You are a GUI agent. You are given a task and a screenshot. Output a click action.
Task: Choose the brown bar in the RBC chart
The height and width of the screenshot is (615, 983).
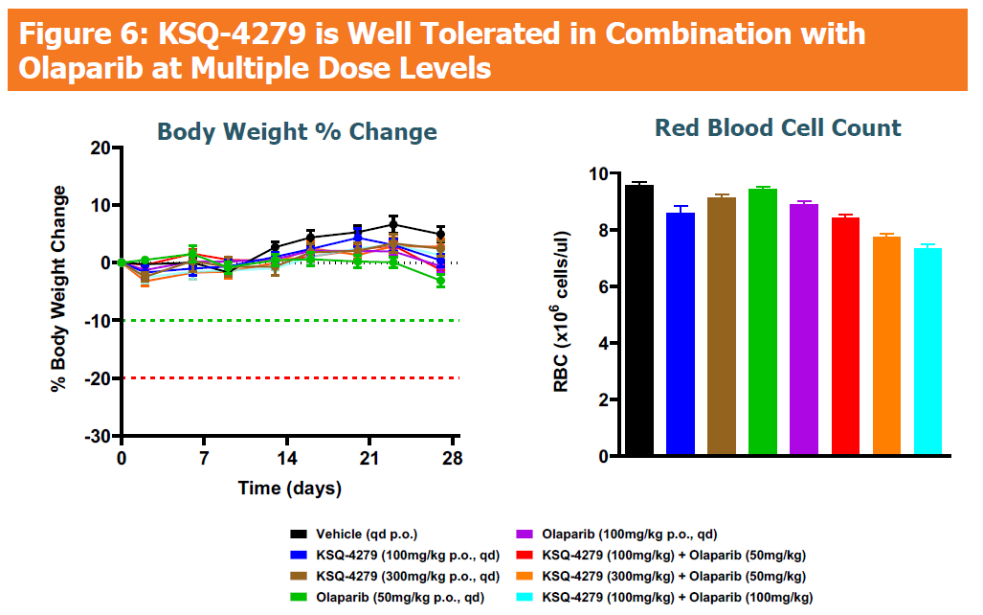(722, 326)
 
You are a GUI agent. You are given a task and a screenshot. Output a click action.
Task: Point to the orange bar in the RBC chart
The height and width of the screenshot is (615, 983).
(886, 346)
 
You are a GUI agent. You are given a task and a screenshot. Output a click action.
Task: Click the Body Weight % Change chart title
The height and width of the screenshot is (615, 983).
(297, 132)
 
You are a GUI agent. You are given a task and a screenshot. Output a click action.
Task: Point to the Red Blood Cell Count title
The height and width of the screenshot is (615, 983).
(777, 128)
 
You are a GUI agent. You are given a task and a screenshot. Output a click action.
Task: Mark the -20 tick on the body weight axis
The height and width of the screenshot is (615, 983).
(98, 378)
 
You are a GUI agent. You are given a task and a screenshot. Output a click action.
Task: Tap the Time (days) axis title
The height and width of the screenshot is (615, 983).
(289, 489)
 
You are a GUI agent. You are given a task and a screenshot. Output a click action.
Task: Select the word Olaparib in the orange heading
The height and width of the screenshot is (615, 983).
(74, 69)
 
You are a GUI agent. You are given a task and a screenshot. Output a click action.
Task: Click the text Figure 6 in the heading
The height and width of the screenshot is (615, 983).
(81, 34)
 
